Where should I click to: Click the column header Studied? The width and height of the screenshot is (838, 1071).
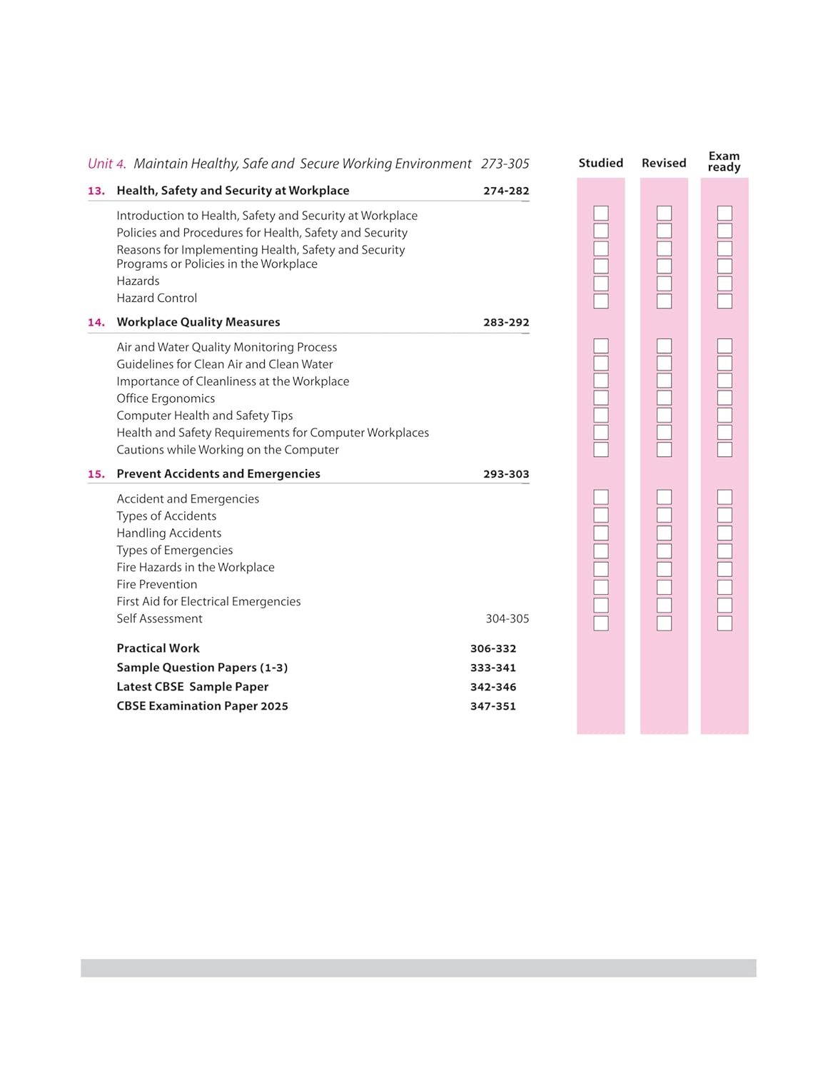(x=600, y=163)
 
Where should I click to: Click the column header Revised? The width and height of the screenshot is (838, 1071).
(x=663, y=163)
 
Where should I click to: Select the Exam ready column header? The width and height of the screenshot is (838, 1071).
(x=724, y=161)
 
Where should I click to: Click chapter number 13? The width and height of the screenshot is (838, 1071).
(x=96, y=191)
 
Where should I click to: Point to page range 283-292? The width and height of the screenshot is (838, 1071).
(x=506, y=322)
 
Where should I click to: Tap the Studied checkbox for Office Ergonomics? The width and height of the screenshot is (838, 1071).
(x=601, y=398)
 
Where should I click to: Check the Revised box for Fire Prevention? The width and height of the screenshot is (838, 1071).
(x=664, y=587)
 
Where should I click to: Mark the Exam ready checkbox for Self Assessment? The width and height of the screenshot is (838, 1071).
(x=725, y=623)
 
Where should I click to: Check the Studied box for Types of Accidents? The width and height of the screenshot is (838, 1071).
(x=601, y=515)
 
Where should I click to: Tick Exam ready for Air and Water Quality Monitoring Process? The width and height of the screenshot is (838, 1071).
(x=725, y=346)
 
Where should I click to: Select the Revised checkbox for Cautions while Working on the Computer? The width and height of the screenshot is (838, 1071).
(x=664, y=449)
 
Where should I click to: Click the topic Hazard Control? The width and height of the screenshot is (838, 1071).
(x=156, y=298)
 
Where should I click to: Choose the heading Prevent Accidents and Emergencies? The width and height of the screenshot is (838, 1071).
(x=218, y=473)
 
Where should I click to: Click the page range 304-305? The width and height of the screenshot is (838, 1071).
(x=507, y=618)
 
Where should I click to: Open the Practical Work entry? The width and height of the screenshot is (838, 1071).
(x=158, y=648)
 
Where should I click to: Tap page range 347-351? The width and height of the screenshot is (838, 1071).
(x=493, y=705)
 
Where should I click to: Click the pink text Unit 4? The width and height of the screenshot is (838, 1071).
(x=106, y=164)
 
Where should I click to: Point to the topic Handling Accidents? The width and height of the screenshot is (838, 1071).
(x=168, y=533)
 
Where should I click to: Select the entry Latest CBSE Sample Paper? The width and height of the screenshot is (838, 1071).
(x=192, y=686)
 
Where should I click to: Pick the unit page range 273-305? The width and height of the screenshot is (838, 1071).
(x=505, y=164)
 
